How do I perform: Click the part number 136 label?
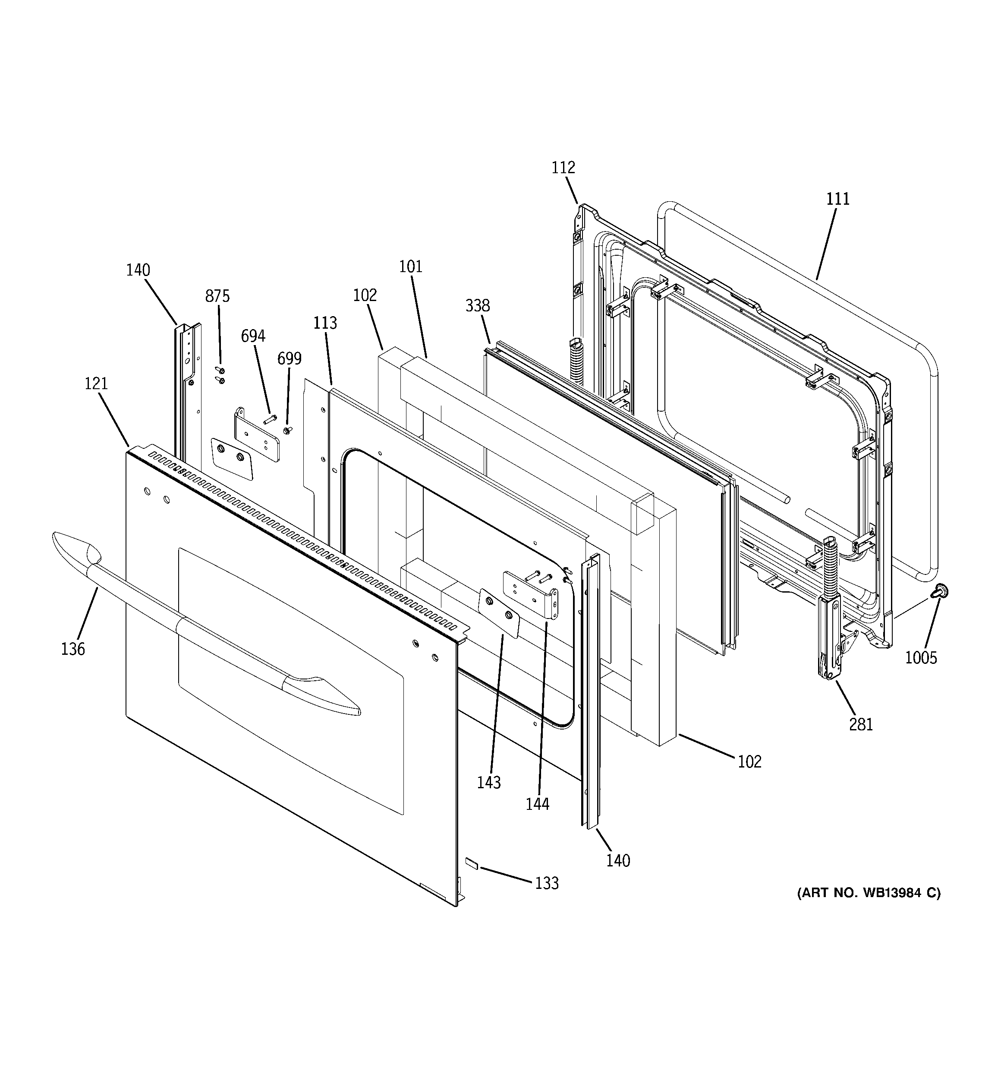(x=72, y=649)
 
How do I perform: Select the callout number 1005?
(x=920, y=657)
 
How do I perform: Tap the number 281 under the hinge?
(x=861, y=724)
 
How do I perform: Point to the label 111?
(x=837, y=199)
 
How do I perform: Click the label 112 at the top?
(x=563, y=167)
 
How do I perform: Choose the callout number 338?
(x=477, y=305)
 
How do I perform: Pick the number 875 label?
(x=217, y=296)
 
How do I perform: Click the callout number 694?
(x=252, y=336)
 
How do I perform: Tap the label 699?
(x=289, y=358)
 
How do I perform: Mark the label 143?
(x=488, y=782)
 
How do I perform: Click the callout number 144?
(x=537, y=803)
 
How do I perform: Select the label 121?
(x=96, y=384)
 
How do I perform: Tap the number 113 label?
(x=325, y=323)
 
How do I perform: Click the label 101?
(x=410, y=266)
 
